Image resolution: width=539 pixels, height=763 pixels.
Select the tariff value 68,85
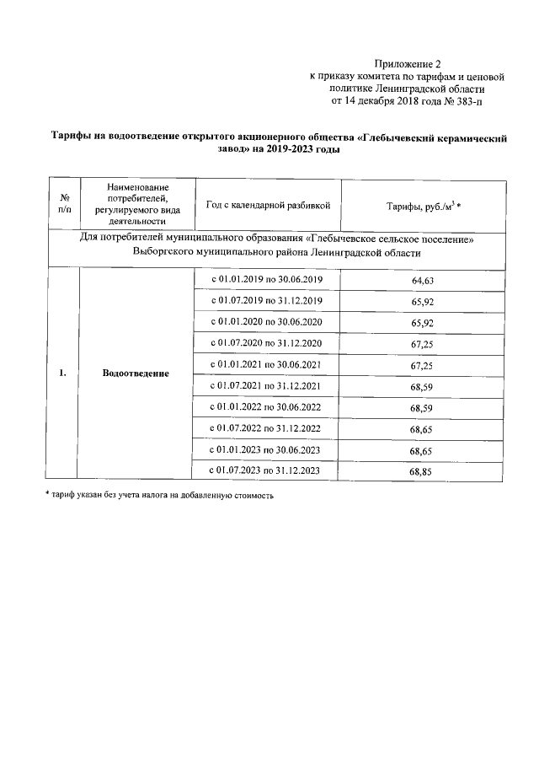[420, 472]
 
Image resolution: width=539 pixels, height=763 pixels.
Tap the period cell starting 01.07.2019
[265, 301]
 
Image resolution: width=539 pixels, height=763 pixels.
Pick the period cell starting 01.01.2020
[265, 322]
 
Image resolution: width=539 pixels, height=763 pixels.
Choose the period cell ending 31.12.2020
[265, 343]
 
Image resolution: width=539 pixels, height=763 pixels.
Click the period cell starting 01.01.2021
[265, 364]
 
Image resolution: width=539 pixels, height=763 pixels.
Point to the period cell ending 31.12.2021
[265, 385]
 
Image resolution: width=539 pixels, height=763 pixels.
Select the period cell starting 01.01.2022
[265, 406]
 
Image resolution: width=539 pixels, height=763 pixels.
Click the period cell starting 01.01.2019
[265, 279]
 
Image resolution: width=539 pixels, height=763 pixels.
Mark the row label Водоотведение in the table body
[136, 373]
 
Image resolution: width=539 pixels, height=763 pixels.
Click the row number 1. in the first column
[63, 373]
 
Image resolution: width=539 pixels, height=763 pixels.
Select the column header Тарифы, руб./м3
[424, 205]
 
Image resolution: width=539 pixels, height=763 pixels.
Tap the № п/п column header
[64, 204]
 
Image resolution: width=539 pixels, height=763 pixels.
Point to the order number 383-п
[468, 100]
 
